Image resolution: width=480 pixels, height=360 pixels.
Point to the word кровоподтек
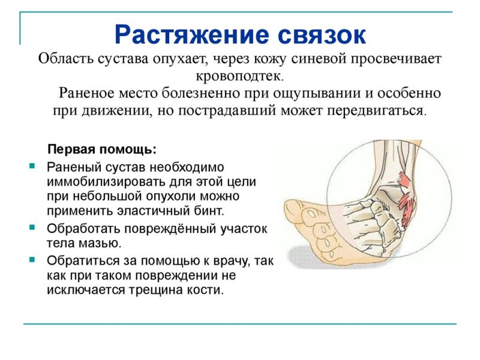[239, 76]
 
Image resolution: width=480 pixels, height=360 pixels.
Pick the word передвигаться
[376, 110]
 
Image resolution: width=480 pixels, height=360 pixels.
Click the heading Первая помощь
[102, 149]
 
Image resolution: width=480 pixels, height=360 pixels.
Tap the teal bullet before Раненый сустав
[32, 166]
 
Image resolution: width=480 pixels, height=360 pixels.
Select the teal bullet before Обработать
[32, 227]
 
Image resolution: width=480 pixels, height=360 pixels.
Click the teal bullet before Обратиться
[32, 260]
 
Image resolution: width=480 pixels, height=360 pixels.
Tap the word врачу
[229, 261]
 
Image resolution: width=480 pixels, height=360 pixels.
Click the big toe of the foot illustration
[297, 211]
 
